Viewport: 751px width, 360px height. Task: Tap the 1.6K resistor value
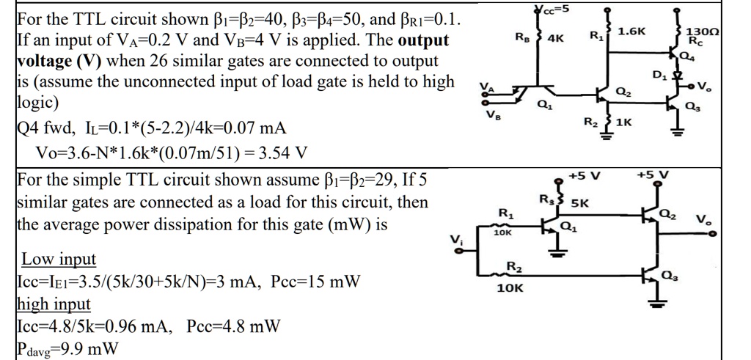631,32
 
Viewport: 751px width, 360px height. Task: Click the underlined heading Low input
59,260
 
